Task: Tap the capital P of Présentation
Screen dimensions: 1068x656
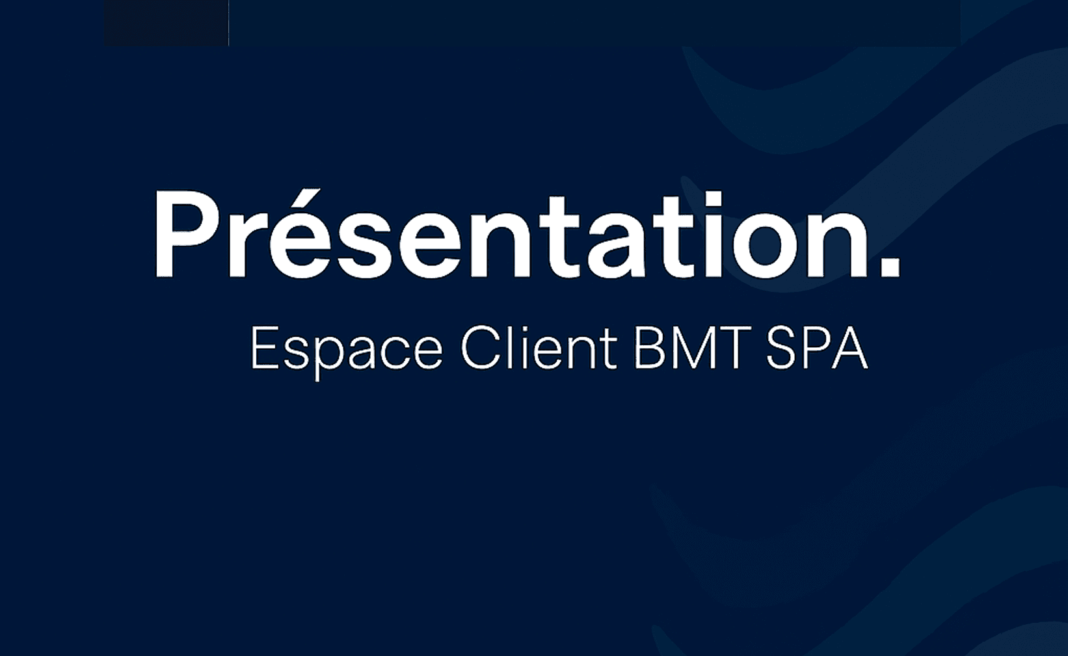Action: click(187, 235)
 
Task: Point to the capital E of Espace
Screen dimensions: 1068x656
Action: click(265, 348)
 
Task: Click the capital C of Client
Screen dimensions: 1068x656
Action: click(480, 348)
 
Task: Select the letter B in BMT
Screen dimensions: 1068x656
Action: click(649, 348)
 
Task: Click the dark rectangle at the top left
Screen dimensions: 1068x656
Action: click(166, 23)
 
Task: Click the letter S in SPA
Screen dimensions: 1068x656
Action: click(781, 348)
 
